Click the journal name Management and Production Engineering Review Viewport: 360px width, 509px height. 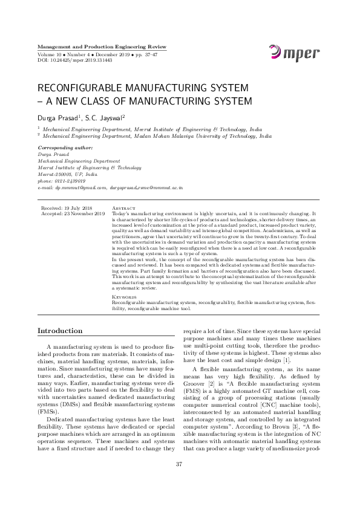coord(102,47)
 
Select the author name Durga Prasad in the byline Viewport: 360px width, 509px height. coord(58,116)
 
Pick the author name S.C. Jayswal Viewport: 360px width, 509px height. coord(105,116)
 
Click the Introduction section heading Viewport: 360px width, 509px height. coord(60,331)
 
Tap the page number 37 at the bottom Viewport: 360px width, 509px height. coord(179,481)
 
